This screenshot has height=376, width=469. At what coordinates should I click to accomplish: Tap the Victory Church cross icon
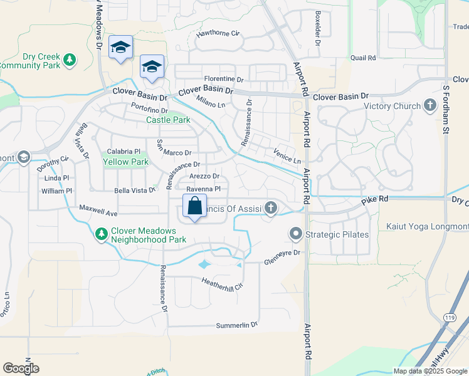click(x=430, y=105)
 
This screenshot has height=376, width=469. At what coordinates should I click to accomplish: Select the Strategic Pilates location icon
click(x=296, y=235)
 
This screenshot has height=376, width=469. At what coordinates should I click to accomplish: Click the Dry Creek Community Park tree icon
click(x=71, y=60)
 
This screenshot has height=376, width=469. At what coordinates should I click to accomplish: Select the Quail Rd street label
click(x=363, y=58)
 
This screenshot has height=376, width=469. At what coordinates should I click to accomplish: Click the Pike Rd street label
click(x=374, y=199)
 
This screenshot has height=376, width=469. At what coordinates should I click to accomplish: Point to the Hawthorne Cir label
click(x=218, y=33)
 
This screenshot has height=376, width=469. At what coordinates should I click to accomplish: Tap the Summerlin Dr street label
click(x=237, y=325)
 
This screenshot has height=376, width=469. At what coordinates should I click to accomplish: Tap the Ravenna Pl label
click(x=204, y=188)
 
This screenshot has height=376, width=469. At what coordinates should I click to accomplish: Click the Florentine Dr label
click(x=223, y=80)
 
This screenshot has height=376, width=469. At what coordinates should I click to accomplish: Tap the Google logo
click(x=21, y=368)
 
